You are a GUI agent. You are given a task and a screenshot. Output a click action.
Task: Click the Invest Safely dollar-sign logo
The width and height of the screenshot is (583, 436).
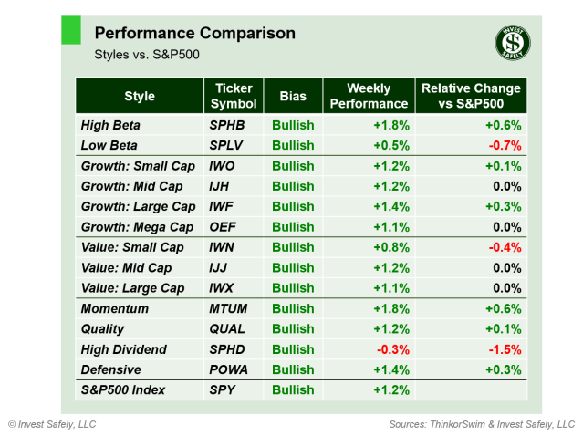coord(513,42)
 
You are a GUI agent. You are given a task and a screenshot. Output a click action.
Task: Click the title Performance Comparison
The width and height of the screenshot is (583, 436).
coord(194,34)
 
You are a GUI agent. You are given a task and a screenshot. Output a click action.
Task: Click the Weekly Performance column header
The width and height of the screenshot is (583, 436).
coord(369,96)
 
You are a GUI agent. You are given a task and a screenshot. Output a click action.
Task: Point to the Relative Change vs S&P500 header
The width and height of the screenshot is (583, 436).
coord(470,96)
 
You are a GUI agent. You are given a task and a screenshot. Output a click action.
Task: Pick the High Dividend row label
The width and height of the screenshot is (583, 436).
coord(123,349)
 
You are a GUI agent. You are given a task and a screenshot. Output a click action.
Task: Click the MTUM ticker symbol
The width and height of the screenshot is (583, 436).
coord(230,309)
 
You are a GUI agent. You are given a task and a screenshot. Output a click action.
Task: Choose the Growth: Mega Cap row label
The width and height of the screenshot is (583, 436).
coord(137,227)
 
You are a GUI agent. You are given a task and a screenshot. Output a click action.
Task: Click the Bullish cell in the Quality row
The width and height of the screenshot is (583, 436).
coord(292,329)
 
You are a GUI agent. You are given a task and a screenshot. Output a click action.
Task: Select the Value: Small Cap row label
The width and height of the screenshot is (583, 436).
coord(132,247)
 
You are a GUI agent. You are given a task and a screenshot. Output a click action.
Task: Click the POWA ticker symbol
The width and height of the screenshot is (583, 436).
coord(230,369)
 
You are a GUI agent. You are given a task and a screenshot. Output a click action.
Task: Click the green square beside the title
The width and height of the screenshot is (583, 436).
coord(70,29)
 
